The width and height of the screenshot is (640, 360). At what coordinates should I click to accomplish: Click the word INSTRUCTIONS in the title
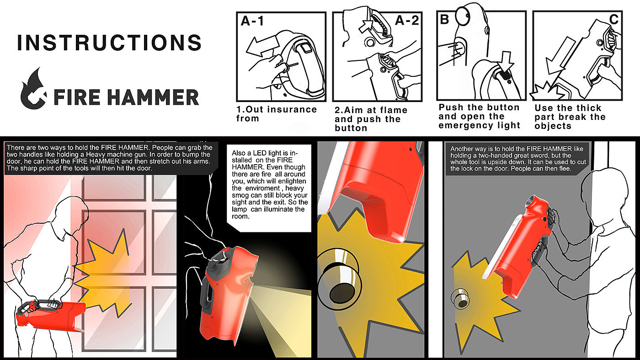tap(109, 43)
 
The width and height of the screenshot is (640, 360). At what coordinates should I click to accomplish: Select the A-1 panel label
tap(252, 21)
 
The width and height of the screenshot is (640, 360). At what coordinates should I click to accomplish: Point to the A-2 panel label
tap(407, 20)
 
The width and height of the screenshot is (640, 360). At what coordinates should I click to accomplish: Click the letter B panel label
tap(444, 20)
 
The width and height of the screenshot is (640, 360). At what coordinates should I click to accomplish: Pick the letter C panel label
tap(613, 20)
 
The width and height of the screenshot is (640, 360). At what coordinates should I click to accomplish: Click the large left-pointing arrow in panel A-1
tap(262, 46)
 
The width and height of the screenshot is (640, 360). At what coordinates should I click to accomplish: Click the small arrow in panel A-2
tap(366, 26)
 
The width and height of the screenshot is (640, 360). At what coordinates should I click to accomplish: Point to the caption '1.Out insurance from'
tap(276, 114)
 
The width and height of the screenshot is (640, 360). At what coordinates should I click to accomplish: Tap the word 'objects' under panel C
tap(553, 126)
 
